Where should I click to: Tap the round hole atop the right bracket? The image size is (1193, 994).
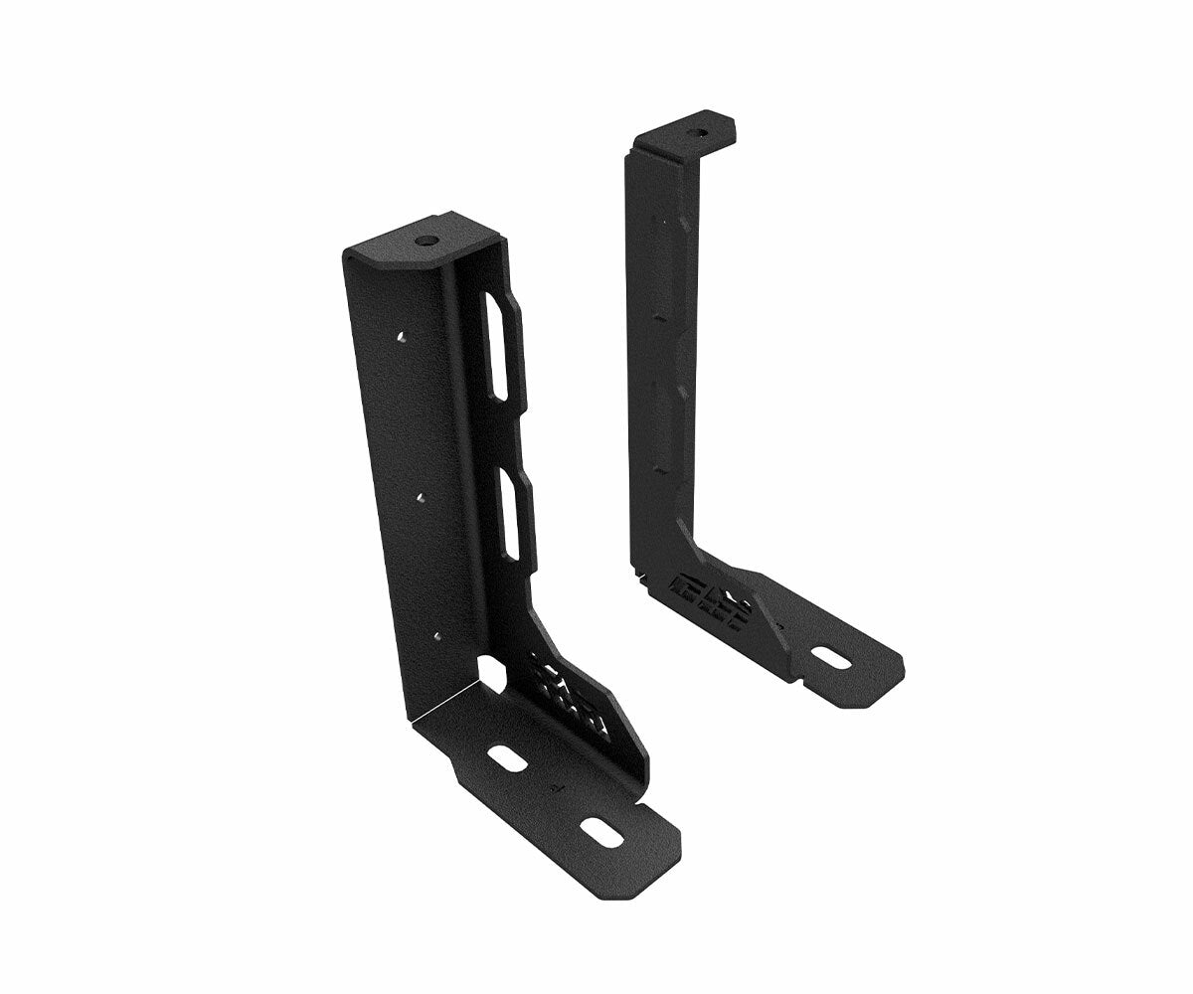click(700, 130)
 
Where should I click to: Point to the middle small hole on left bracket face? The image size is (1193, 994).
click(422, 491)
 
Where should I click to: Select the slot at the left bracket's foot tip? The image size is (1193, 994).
click(600, 833)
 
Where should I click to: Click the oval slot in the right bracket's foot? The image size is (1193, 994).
click(827, 657)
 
